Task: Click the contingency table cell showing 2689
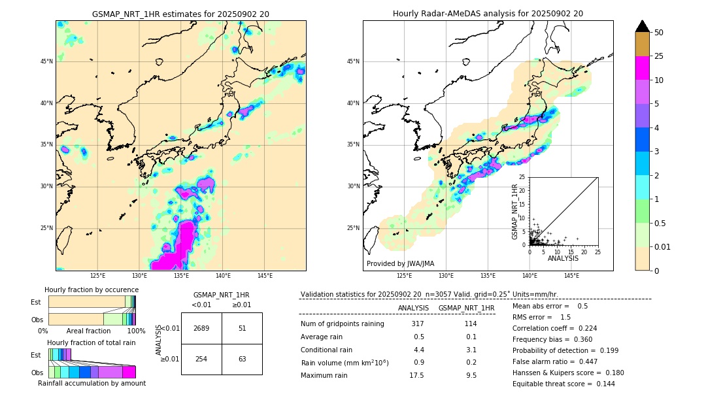(201, 328)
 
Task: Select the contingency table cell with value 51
(242, 328)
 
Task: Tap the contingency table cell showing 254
(201, 359)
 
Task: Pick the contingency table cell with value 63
(242, 359)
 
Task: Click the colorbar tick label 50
(659, 32)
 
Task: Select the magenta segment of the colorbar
(643, 68)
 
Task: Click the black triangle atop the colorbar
(643, 26)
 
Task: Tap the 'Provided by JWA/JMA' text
(400, 264)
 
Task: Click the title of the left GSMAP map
(180, 14)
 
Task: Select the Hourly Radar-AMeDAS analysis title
(488, 14)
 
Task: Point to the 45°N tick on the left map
(46, 61)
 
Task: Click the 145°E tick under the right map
(571, 276)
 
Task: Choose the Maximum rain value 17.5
(417, 375)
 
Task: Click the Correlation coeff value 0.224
(583, 328)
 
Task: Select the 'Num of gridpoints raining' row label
(343, 324)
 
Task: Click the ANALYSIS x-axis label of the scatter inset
(563, 258)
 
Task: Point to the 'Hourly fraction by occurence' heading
(92, 290)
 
